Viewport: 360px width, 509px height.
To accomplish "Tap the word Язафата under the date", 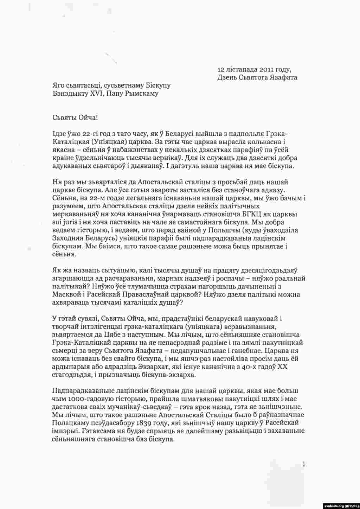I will (x=282, y=77).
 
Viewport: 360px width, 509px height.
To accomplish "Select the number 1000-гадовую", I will (x=83, y=399).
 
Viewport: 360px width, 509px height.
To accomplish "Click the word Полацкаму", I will (x=69, y=423).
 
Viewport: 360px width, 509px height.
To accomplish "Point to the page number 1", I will (x=304, y=464).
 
